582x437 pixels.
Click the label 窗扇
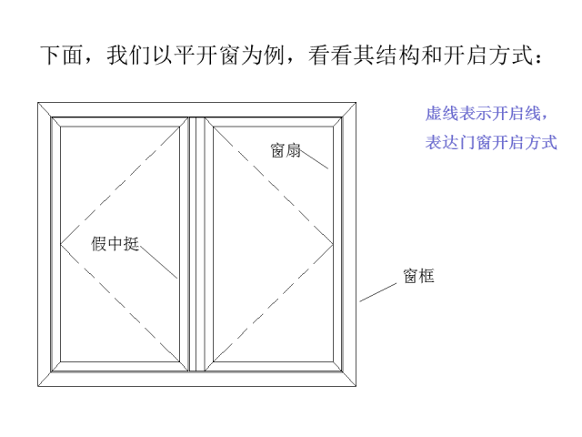(286, 150)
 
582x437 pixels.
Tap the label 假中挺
(115, 244)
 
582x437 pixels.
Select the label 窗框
(418, 276)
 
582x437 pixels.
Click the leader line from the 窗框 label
(378, 292)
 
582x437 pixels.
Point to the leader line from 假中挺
(158, 261)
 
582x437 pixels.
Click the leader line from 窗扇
(315, 160)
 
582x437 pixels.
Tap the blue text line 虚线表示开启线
(487, 113)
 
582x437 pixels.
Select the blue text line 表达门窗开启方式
(491, 142)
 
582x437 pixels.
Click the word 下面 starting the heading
(61, 56)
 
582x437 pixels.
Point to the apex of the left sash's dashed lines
(61, 244)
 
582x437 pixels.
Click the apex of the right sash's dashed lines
(333, 245)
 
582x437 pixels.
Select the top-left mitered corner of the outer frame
(45, 110)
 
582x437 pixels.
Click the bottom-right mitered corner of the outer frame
(349, 379)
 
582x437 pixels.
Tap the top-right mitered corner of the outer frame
(349, 110)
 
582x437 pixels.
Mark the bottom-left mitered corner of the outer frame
(45, 379)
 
